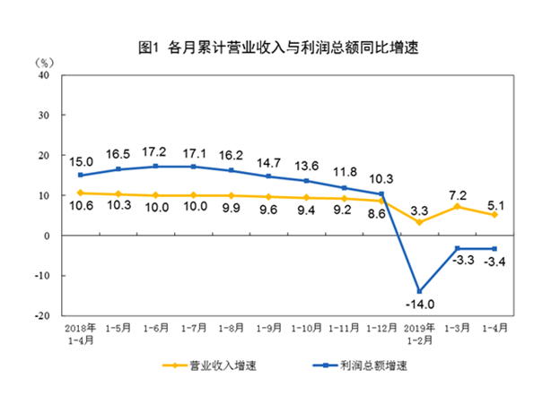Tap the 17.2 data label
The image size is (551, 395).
[158, 152]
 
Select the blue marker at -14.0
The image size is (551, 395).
[420, 291]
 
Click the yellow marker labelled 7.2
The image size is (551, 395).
[459, 207]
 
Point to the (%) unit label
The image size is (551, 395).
[46, 63]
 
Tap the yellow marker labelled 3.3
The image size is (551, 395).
[420, 222]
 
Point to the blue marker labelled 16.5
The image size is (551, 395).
[119, 169]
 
